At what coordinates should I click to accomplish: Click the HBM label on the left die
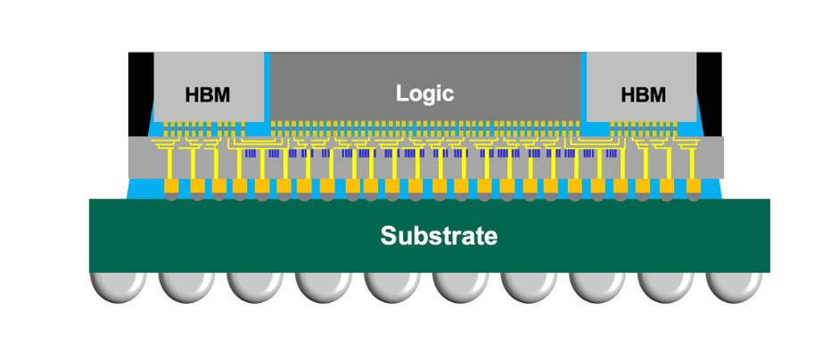coord(207,94)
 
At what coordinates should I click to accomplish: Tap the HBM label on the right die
coord(643,94)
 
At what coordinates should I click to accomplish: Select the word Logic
coord(425,93)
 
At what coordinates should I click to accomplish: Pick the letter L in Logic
coord(401,93)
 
